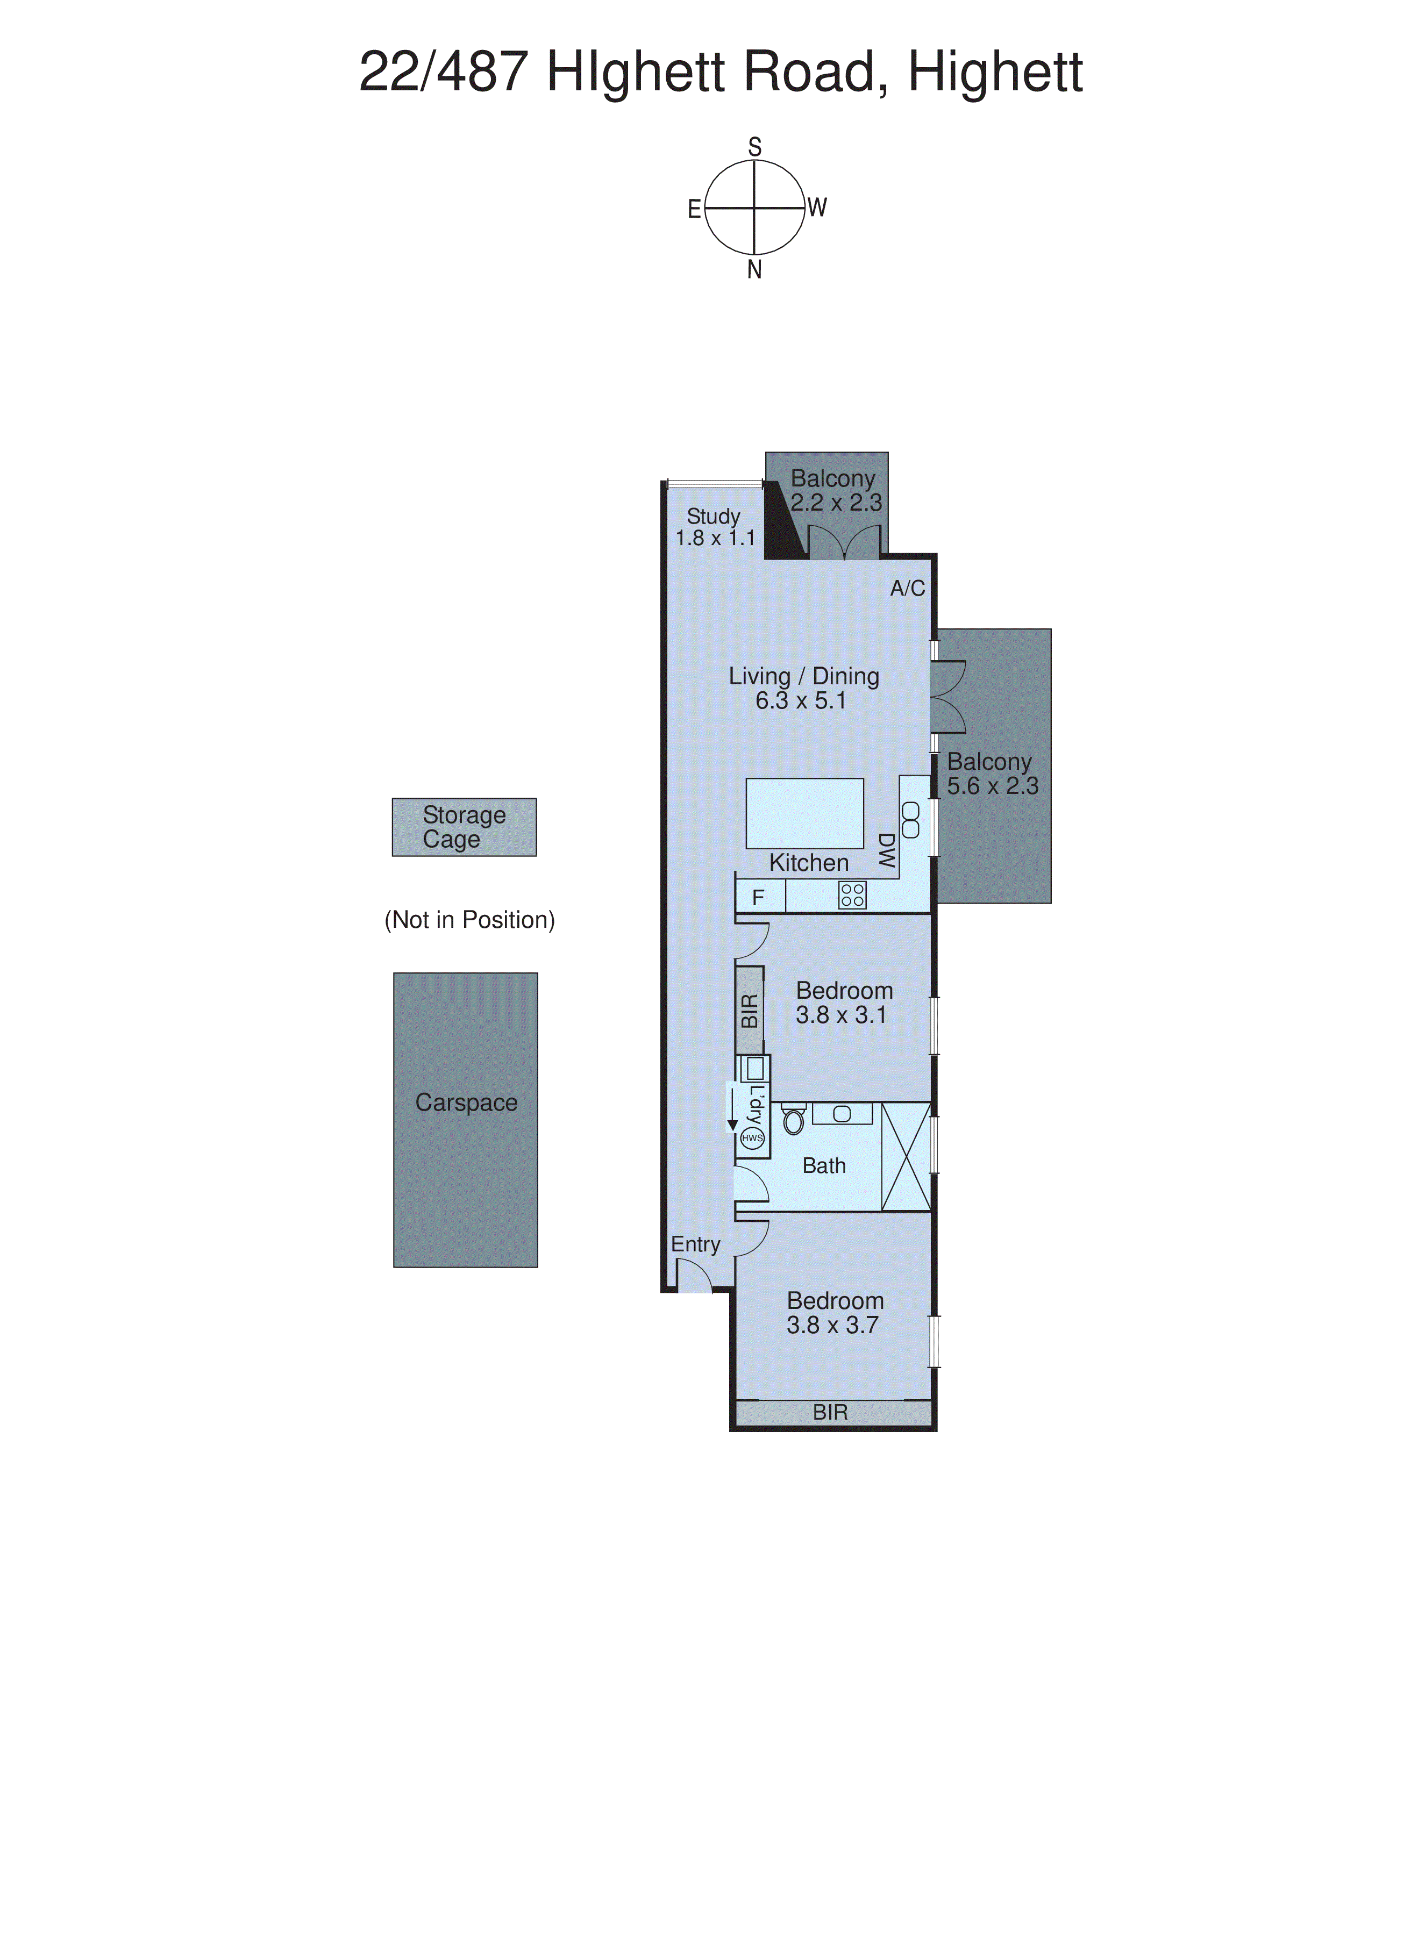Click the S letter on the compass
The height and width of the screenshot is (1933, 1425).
[x=755, y=147]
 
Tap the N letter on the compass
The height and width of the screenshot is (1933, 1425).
[x=755, y=270]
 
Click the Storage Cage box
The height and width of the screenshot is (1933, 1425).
[x=464, y=827]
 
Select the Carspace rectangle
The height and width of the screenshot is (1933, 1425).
[x=466, y=1120]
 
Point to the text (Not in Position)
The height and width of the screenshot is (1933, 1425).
[x=469, y=920]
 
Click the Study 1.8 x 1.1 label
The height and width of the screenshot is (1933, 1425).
[x=714, y=527]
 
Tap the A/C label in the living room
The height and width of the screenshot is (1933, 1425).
[x=908, y=588]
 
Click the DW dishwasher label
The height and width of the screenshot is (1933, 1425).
[x=886, y=850]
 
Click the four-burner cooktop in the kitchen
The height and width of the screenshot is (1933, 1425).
[x=852, y=895]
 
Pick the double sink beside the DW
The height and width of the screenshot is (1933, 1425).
[x=910, y=819]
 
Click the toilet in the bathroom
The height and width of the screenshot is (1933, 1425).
[x=794, y=1120]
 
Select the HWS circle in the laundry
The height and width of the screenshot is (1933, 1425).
[x=752, y=1137]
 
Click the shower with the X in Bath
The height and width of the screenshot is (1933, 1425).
[x=906, y=1156]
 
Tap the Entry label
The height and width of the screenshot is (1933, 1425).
[x=695, y=1244]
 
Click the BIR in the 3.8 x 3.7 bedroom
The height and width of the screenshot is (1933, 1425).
[x=831, y=1412]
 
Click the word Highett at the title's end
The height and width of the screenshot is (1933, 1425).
[x=995, y=73]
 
